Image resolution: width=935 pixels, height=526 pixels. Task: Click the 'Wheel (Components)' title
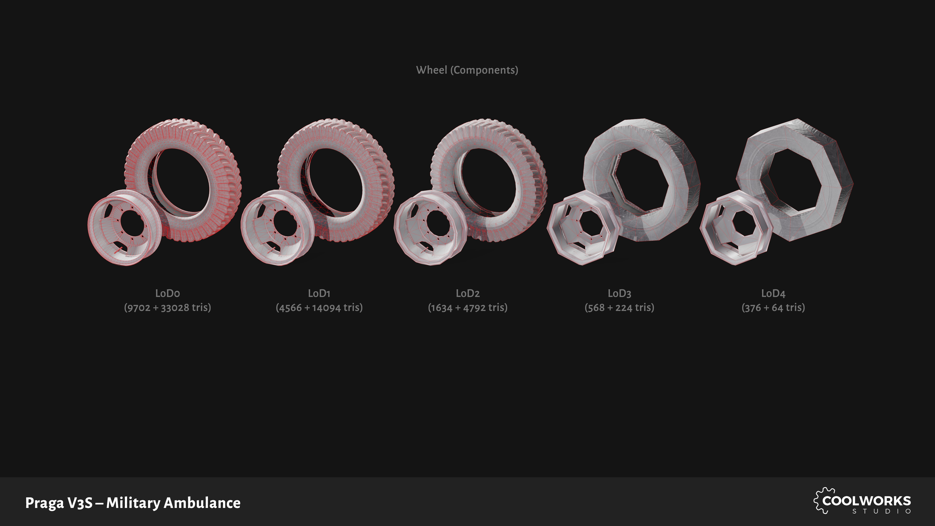[467, 70]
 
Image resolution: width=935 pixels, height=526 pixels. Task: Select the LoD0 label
[167, 293]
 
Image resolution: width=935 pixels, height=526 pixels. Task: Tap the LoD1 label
[319, 293]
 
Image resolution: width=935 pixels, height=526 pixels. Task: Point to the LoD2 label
[467, 293]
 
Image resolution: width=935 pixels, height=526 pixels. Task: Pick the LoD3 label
[619, 293]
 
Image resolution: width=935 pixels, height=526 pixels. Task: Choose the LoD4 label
[773, 293]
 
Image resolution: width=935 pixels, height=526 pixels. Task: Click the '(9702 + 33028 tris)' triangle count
[167, 308]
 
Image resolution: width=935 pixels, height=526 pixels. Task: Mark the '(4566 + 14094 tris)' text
[319, 308]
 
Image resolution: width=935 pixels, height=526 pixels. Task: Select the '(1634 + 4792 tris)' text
[467, 308]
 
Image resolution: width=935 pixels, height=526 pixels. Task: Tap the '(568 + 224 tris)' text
[619, 308]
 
